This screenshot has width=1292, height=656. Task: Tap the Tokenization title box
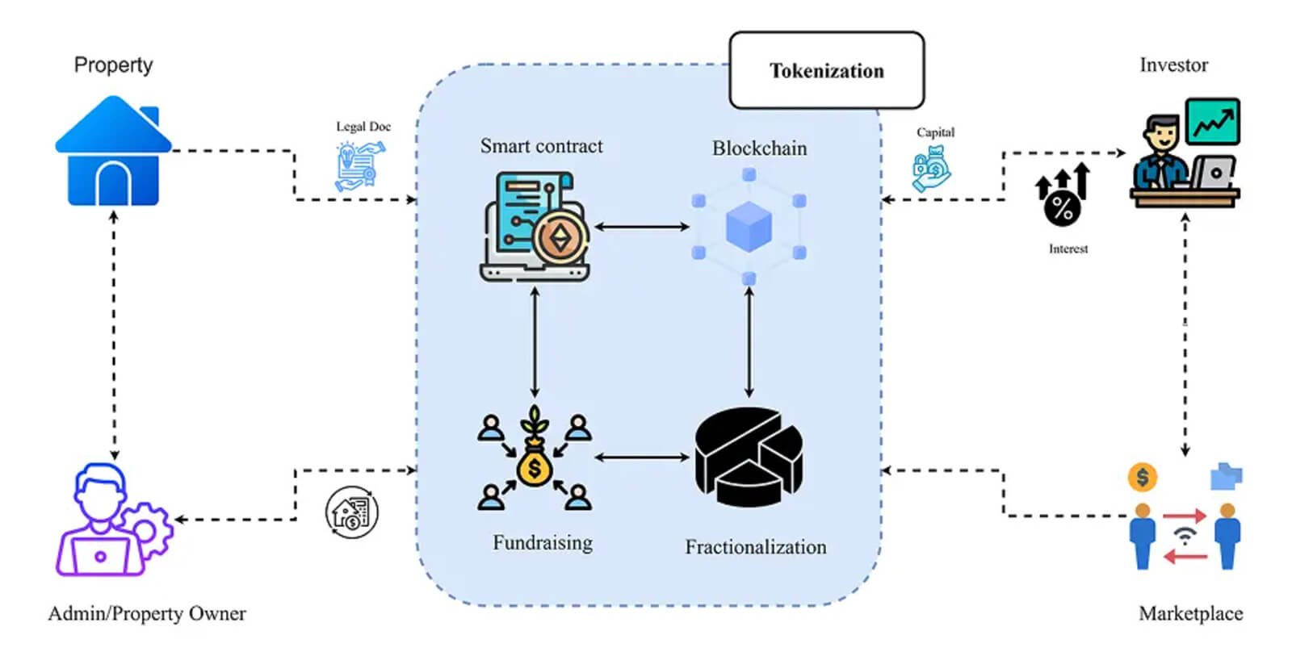pyautogui.click(x=826, y=71)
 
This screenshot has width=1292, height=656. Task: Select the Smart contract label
pyautogui.click(x=541, y=146)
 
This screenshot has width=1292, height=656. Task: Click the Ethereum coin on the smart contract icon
pyautogui.click(x=559, y=238)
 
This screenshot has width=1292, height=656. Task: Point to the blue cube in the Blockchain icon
pyautogui.click(x=749, y=227)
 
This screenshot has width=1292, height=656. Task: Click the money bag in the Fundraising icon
pyautogui.click(x=534, y=466)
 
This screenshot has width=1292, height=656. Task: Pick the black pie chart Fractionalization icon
pyautogui.click(x=749, y=456)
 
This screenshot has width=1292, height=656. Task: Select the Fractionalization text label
pyautogui.click(x=756, y=547)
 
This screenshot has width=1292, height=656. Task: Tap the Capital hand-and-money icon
pyautogui.click(x=931, y=168)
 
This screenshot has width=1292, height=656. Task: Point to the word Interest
pyautogui.click(x=1068, y=249)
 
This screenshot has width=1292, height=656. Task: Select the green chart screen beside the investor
pyautogui.click(x=1212, y=122)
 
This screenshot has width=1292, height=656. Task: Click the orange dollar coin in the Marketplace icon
pyautogui.click(x=1142, y=478)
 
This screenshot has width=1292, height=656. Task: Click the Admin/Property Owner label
pyautogui.click(x=147, y=614)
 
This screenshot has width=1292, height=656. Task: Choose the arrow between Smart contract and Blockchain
pyautogui.click(x=641, y=228)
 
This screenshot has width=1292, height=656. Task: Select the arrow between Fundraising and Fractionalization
pyautogui.click(x=642, y=458)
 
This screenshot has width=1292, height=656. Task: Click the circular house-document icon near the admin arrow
pyautogui.click(x=351, y=512)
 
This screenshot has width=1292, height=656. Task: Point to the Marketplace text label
pyautogui.click(x=1190, y=614)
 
